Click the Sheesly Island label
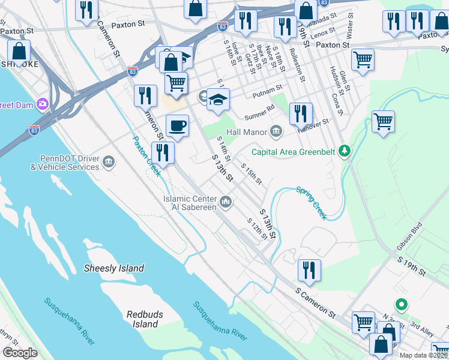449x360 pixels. pyautogui.click(x=114, y=268)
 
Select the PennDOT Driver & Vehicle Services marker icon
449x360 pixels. pyautogui.click(x=109, y=161)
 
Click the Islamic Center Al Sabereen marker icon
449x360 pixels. pyautogui.click(x=226, y=202)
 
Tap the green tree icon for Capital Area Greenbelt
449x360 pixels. pyautogui.click(x=344, y=150)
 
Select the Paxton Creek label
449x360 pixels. pyautogui.click(x=146, y=156)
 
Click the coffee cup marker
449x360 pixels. pyautogui.click(x=177, y=126)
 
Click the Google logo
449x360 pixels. pyautogui.click(x=20, y=353)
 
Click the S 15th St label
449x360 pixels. pyautogui.click(x=252, y=173)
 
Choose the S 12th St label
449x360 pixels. pyautogui.click(x=257, y=229)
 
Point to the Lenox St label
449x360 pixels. pyautogui.click(x=322, y=32)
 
